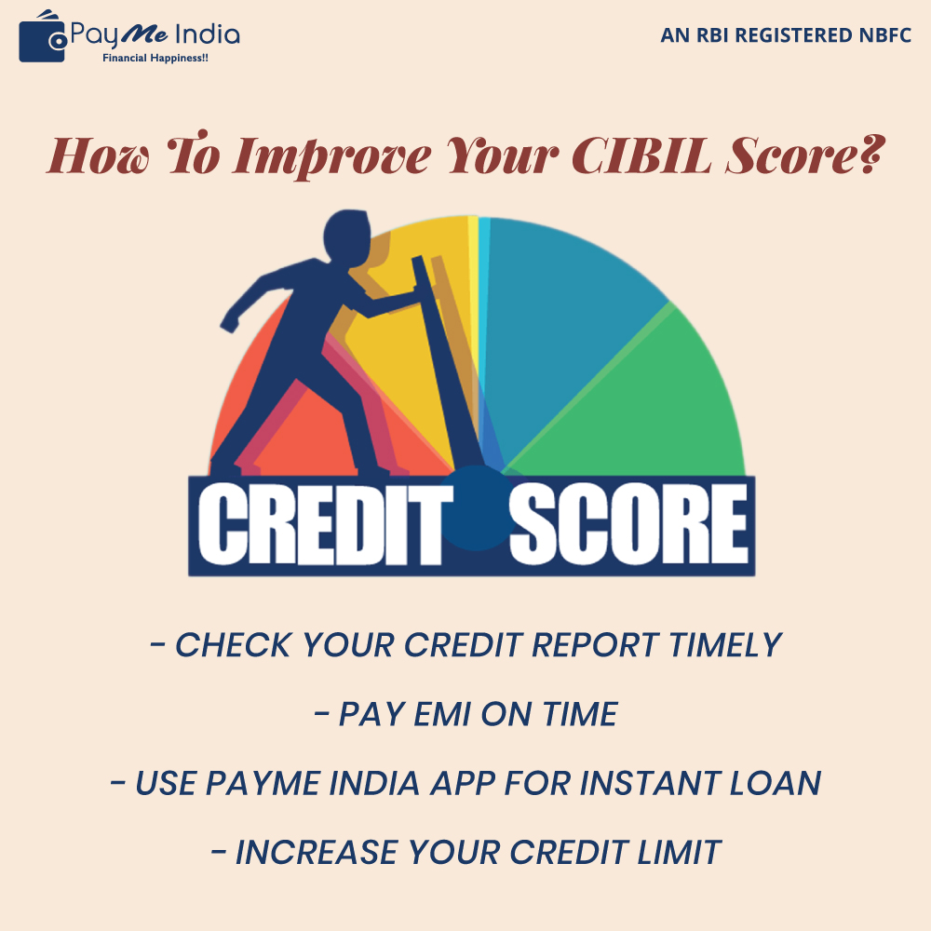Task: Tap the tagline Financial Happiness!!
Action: (x=155, y=58)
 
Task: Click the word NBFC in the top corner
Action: (x=884, y=35)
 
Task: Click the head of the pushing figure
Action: (x=346, y=236)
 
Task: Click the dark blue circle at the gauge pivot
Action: (x=477, y=507)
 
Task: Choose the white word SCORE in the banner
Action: (x=628, y=523)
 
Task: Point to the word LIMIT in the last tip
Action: (x=679, y=853)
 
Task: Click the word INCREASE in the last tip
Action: (x=317, y=853)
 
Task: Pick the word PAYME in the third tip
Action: (x=263, y=783)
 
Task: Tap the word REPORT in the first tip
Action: (x=595, y=645)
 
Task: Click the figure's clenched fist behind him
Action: (x=229, y=322)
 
